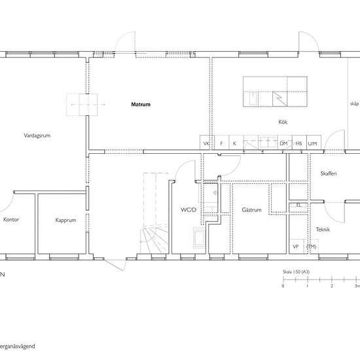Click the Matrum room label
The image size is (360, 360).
(x=141, y=104)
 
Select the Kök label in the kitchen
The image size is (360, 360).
(x=283, y=122)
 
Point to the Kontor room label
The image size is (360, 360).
(x=12, y=220)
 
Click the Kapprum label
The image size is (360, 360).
(x=65, y=221)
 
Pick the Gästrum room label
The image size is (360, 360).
(x=251, y=211)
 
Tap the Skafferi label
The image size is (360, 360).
(x=328, y=173)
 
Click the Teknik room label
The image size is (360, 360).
(x=323, y=230)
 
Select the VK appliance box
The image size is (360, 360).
(x=207, y=143)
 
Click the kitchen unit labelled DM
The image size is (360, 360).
(x=283, y=143)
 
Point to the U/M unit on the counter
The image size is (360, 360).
(x=312, y=143)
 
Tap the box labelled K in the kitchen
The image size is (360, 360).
(x=234, y=143)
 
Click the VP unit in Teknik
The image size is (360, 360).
(x=296, y=247)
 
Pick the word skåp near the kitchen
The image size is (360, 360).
(x=354, y=104)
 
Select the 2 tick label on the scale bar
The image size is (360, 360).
(x=332, y=286)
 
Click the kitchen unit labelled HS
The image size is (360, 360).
(x=298, y=143)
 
